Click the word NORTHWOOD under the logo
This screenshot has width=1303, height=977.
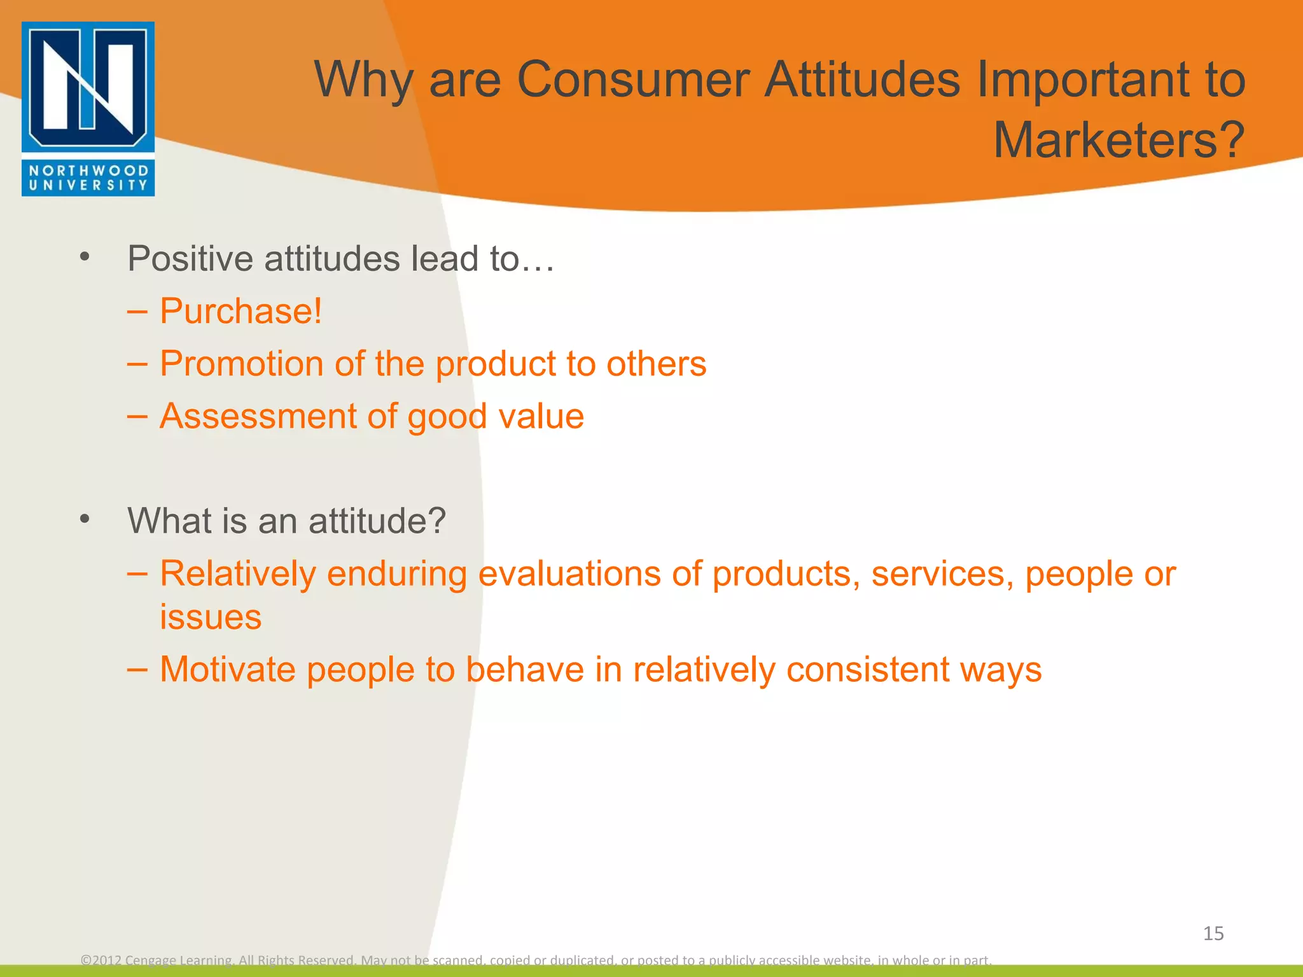pos(88,170)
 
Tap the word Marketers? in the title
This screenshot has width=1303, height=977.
pos(1118,140)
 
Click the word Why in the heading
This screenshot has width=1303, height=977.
pos(363,80)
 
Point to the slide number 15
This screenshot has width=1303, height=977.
pos(1213,933)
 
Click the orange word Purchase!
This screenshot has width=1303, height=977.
pos(241,311)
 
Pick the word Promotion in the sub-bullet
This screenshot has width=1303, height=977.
pos(241,364)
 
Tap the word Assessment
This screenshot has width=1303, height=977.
pos(258,417)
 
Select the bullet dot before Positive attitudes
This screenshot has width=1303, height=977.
pos(85,258)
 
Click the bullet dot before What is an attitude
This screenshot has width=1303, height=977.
pos(85,520)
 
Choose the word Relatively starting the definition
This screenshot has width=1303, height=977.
pos(237,574)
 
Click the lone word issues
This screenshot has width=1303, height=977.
pos(211,617)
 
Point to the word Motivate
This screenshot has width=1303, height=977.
pos(228,669)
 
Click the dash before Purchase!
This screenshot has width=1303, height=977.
pos(137,312)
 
